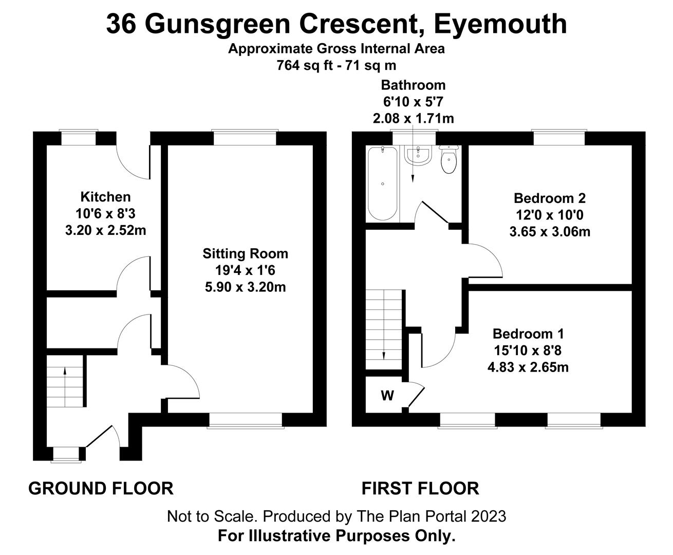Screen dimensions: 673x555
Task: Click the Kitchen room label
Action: (105, 197)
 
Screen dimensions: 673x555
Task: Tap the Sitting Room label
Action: (245, 253)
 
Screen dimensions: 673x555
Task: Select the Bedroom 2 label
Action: (550, 198)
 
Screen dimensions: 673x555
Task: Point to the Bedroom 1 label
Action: (528, 334)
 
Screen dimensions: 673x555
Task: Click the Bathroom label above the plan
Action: (413, 85)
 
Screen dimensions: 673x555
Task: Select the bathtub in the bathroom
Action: (383, 183)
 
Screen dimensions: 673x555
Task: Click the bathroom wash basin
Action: (418, 155)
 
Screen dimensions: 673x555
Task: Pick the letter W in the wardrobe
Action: (387, 395)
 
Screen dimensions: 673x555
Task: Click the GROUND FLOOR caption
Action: (101, 488)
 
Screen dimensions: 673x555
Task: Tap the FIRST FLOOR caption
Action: (420, 488)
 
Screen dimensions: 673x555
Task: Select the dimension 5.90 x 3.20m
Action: (245, 287)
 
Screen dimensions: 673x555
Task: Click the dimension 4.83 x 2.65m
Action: (528, 367)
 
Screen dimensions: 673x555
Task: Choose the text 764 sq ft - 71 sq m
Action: (336, 65)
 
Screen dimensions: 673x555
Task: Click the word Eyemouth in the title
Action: (500, 24)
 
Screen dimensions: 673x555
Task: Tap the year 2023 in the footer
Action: (489, 516)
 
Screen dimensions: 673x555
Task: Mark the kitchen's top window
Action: (79, 138)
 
